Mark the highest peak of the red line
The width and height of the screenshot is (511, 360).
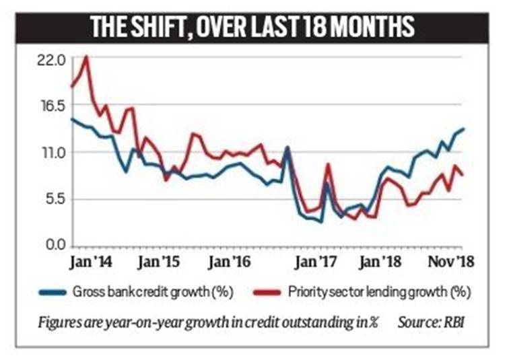[x=86, y=57]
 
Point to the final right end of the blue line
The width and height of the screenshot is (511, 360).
[x=463, y=129]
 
